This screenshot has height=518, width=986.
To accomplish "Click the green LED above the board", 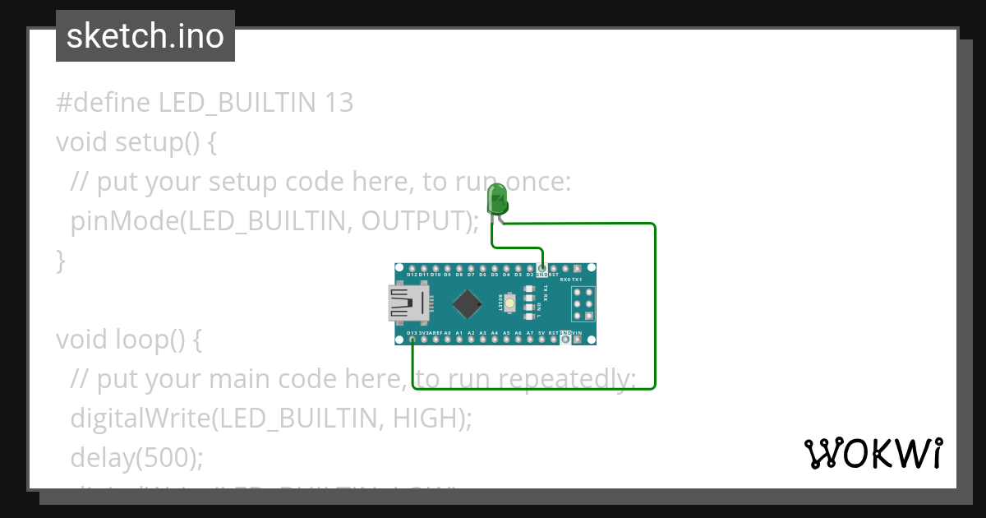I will (497, 200).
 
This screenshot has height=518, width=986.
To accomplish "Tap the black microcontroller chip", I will (467, 303).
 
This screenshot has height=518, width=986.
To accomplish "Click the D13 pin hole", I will (412, 338).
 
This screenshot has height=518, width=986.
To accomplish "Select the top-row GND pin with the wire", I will (542, 269).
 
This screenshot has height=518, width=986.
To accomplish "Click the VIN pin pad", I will (578, 338).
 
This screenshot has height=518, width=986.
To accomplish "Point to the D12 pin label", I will (412, 275).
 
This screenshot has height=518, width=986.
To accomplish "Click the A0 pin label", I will (448, 333).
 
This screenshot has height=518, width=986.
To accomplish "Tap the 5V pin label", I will (541, 333).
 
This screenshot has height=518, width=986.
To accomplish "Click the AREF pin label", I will (436, 333).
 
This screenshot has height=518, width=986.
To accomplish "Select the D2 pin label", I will (530, 275).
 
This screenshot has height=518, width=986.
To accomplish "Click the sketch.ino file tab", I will (145, 36).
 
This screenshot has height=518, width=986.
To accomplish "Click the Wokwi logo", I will (873, 453).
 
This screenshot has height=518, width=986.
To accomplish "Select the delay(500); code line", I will (136, 457).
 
